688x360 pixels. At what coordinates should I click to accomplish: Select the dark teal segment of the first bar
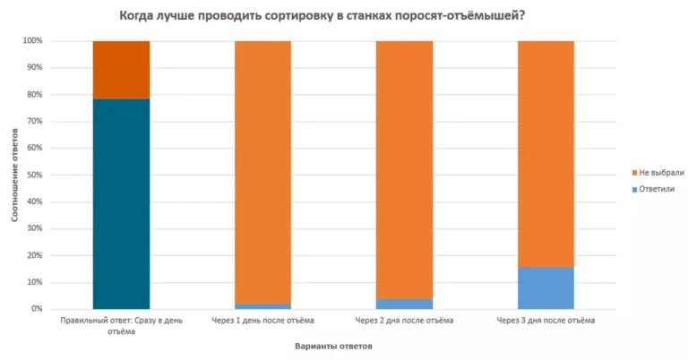tap(121, 203)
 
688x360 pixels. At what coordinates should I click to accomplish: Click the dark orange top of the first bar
tap(121, 69)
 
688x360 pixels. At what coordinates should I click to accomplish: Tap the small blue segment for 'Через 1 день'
tap(262, 306)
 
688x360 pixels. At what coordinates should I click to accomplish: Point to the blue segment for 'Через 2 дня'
tap(404, 304)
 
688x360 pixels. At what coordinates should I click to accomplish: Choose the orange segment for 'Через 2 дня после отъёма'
tap(404, 169)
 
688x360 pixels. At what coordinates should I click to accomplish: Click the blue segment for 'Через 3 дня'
tap(546, 287)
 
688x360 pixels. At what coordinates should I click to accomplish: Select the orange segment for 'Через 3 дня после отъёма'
tap(546, 153)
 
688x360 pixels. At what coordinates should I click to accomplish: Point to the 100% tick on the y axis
tap(32, 41)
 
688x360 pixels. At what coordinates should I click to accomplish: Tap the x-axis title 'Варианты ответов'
tap(333, 345)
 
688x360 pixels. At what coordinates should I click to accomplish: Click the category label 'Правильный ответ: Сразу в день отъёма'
tap(121, 325)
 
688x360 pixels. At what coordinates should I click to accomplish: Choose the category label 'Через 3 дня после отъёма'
tap(546, 320)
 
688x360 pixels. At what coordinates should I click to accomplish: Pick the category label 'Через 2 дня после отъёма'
tap(404, 320)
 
